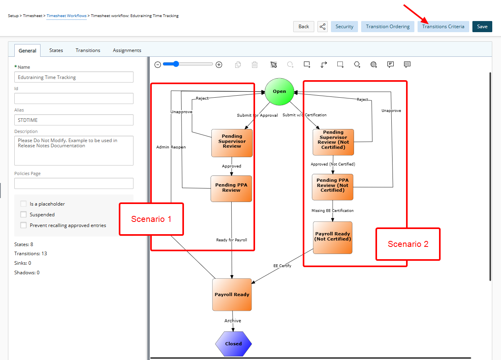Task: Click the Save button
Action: click(x=482, y=27)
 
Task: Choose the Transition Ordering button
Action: click(x=388, y=27)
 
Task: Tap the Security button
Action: click(x=344, y=27)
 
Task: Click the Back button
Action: click(x=304, y=27)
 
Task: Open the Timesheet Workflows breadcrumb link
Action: click(x=66, y=16)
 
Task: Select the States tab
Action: click(x=56, y=50)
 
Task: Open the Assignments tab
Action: click(x=127, y=50)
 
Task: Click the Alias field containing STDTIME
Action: click(x=74, y=120)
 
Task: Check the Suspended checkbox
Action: click(x=23, y=214)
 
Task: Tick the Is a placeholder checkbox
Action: click(x=23, y=204)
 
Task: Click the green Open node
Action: click(x=279, y=91)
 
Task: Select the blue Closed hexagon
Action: click(x=233, y=344)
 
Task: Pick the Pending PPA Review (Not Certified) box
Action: click(x=333, y=187)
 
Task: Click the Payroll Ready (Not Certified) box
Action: click(x=333, y=237)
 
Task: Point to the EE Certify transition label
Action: click(x=282, y=266)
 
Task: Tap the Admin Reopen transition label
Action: click(x=171, y=147)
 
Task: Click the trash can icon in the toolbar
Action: click(x=255, y=65)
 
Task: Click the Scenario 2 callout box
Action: click(x=408, y=244)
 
